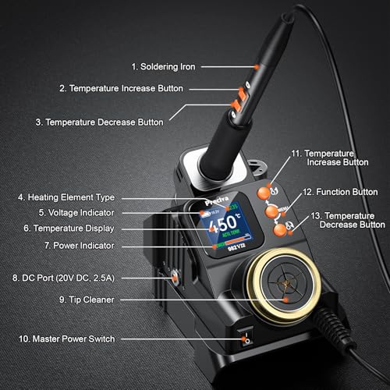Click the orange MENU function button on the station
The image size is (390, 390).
coord(271,211)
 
